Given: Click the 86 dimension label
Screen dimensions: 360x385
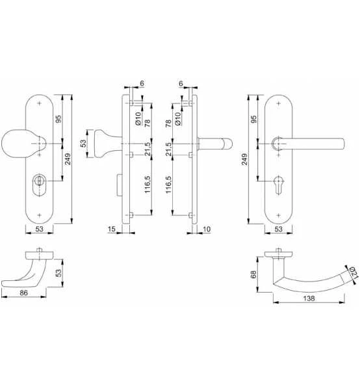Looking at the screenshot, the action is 24,293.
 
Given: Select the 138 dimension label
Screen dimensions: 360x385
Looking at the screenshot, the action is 309,299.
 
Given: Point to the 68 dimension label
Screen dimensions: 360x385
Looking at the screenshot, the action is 253,274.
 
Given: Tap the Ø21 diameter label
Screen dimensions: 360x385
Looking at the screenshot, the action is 354,272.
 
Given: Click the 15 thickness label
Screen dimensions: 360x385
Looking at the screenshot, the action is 111,229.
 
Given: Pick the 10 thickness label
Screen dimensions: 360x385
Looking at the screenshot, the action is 207,229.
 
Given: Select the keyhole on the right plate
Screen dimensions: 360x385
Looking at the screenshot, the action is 279,185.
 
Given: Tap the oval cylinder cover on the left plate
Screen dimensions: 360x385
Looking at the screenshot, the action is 39,185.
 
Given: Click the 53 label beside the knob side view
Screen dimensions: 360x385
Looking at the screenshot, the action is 83,143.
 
